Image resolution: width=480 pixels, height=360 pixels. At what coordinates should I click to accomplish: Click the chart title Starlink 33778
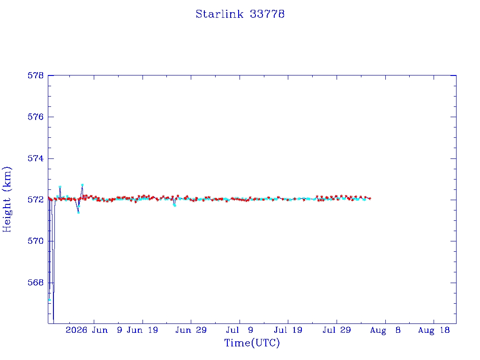point(240,14)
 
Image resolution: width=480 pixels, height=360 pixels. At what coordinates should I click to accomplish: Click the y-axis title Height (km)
point(7,200)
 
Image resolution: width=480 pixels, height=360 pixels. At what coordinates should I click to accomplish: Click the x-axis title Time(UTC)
point(252,343)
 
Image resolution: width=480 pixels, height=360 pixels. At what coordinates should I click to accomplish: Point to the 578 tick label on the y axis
point(36,75)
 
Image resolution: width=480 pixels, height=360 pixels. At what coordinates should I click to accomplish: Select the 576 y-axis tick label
point(36,117)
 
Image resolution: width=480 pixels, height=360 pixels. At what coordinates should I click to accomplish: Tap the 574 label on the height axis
point(36,158)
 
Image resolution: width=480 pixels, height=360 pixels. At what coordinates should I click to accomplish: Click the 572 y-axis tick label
point(36,200)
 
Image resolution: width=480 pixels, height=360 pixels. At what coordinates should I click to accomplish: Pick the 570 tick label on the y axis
point(36,241)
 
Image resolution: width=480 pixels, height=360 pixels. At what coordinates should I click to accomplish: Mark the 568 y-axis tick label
point(36,283)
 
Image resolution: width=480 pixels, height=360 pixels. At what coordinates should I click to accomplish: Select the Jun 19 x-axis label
point(142,330)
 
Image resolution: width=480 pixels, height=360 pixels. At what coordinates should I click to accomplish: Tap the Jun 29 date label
point(191,330)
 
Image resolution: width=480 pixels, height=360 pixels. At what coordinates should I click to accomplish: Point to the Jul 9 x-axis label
point(240,330)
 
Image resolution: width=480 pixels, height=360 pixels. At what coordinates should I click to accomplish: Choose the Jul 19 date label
point(288,330)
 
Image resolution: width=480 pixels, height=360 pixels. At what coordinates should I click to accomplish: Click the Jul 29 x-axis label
point(337,330)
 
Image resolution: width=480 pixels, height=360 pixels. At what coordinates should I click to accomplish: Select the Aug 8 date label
point(385,330)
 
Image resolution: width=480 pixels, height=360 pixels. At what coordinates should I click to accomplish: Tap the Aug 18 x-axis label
point(434,330)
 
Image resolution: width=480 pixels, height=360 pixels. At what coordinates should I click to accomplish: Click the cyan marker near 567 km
point(50,300)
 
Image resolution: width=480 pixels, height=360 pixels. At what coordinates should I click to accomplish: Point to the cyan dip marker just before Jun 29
point(175,205)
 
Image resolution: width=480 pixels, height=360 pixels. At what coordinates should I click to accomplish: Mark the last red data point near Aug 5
point(370,199)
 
